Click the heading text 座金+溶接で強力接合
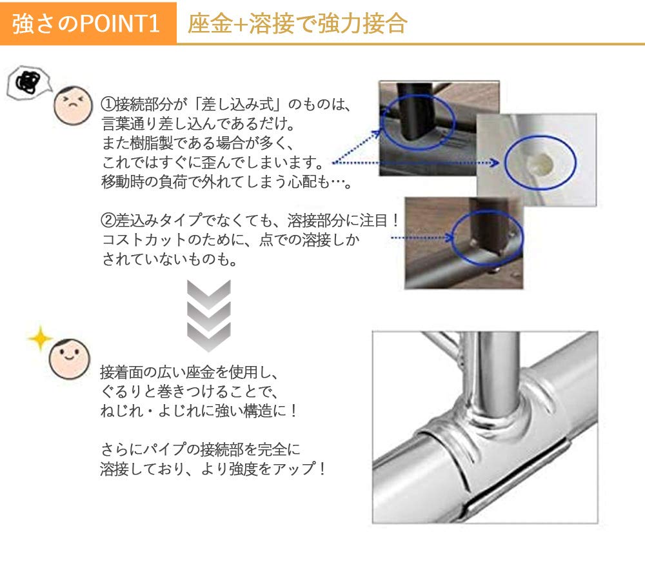(297, 23)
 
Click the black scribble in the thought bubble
(28, 81)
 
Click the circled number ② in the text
(108, 220)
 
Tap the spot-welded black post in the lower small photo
(490, 226)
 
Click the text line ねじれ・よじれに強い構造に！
(199, 411)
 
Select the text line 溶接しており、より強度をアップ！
(213, 468)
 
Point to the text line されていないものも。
(168, 259)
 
